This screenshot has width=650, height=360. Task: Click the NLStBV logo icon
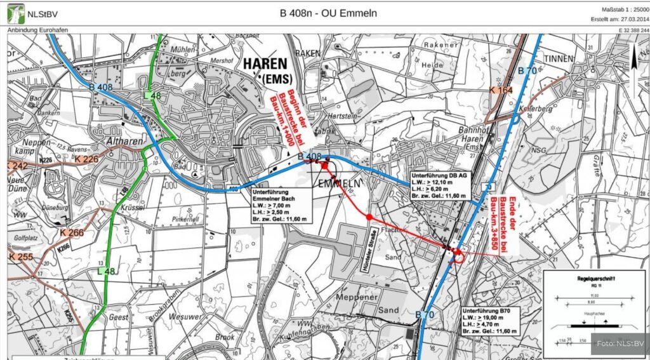coord(16,12)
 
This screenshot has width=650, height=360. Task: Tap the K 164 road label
coord(501,91)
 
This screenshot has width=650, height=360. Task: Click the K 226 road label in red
coord(86,159)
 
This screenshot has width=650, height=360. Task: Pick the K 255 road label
coord(22,257)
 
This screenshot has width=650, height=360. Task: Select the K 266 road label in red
coord(71,232)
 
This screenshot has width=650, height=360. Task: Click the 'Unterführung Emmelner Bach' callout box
coord(280,204)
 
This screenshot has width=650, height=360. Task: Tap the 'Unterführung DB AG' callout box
coord(440,185)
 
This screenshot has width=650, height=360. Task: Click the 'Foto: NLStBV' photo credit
coord(621,344)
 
